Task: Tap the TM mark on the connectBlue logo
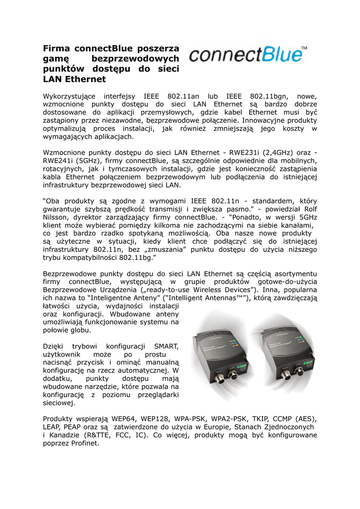(x=304, y=48)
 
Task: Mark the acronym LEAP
(x=53, y=427)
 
